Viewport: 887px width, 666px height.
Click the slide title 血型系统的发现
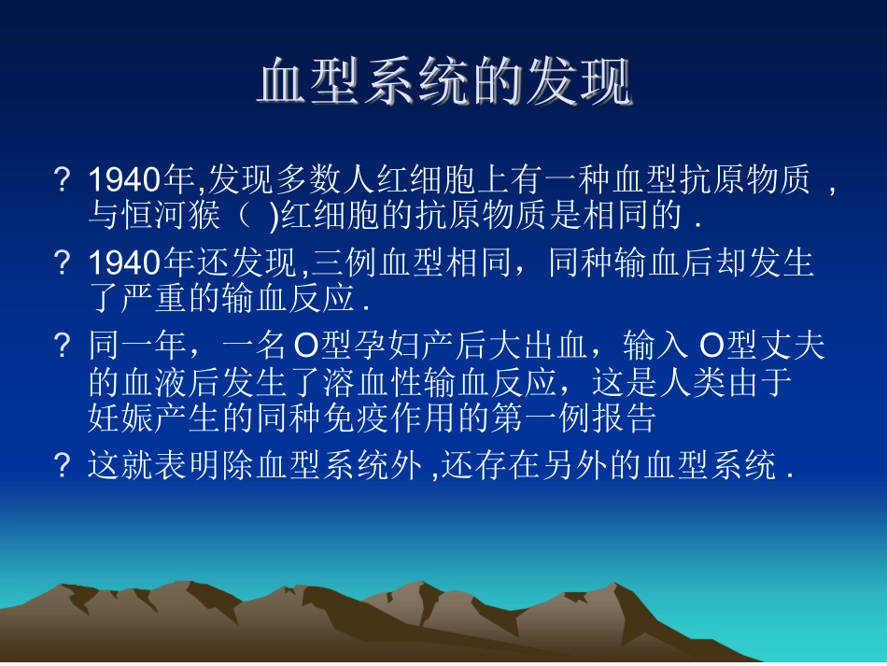(443, 84)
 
